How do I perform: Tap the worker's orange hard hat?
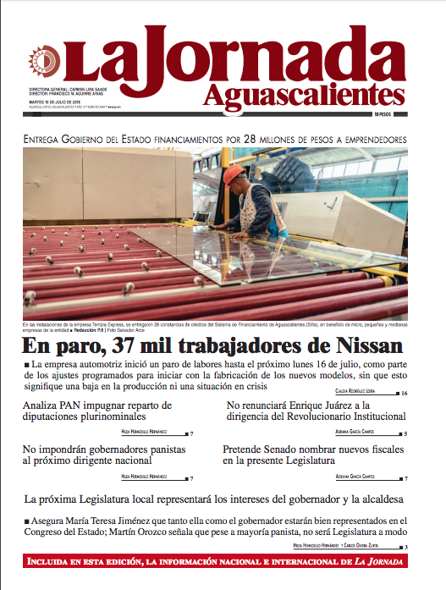(x=234, y=174)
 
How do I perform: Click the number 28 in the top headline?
(x=251, y=138)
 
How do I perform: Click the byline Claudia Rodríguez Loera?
(x=366, y=393)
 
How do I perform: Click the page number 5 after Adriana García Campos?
(x=405, y=433)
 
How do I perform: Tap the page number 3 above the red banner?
(x=405, y=547)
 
